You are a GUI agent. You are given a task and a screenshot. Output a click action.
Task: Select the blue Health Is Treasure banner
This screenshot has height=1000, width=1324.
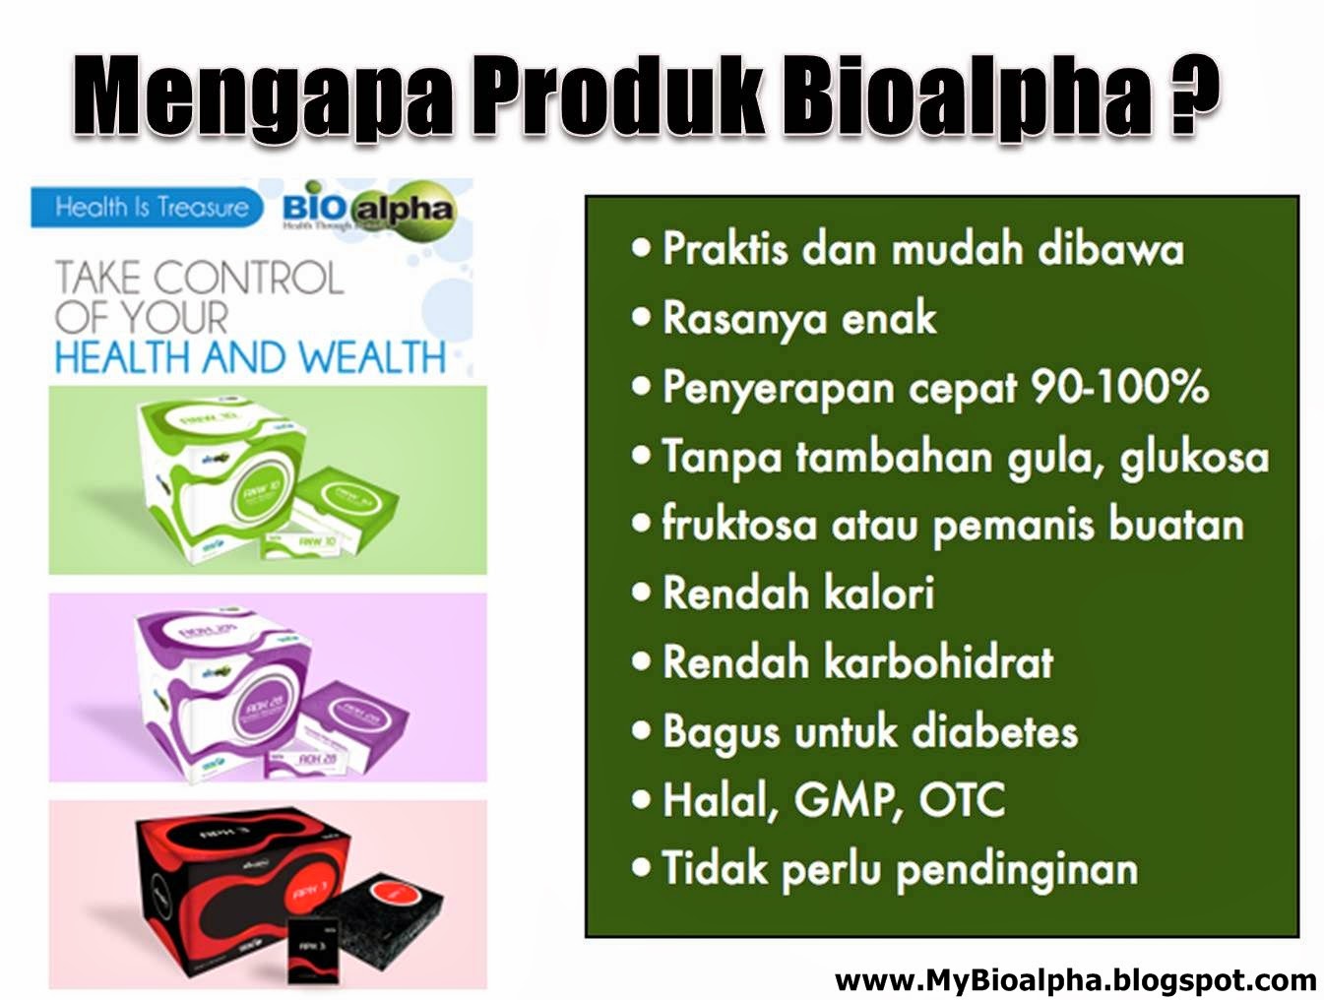148,207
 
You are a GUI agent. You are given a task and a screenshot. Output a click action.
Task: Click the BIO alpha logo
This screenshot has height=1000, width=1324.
368,208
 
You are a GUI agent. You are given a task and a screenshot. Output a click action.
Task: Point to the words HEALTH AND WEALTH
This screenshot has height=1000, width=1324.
250,357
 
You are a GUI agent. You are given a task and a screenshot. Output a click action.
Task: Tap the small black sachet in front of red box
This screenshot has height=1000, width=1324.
312,950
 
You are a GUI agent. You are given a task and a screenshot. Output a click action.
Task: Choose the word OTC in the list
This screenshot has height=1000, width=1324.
962,800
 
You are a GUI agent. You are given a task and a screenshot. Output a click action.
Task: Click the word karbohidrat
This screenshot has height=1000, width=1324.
938,662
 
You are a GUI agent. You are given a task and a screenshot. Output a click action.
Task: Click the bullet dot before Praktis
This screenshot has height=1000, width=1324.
642,247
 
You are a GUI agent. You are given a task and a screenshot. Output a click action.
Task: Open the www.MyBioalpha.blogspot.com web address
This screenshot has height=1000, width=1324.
1075,980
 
